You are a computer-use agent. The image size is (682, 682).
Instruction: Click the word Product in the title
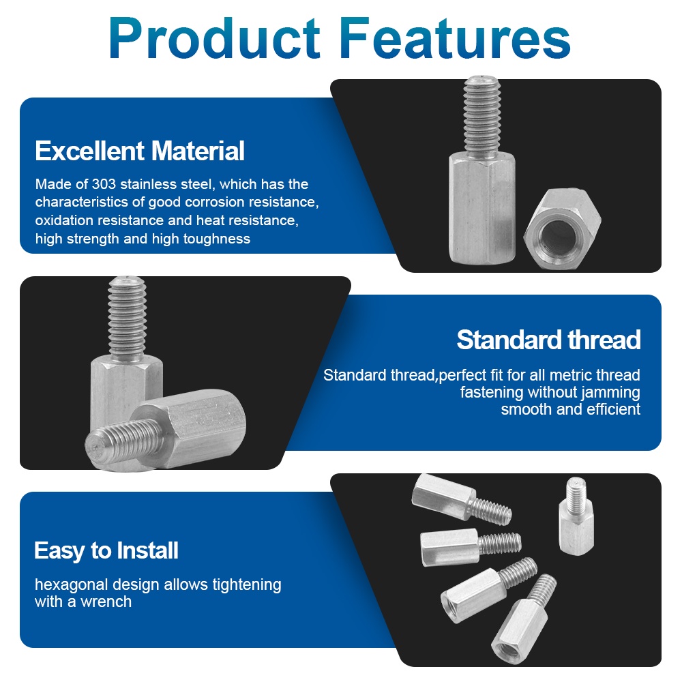(x=214, y=38)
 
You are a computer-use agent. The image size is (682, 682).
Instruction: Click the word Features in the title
(x=455, y=38)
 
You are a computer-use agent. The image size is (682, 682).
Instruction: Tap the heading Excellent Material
(x=140, y=151)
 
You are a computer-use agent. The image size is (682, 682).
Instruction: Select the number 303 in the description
(x=104, y=184)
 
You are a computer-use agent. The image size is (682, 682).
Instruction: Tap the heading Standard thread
(x=548, y=340)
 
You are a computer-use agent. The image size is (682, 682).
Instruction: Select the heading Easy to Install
(x=106, y=550)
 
